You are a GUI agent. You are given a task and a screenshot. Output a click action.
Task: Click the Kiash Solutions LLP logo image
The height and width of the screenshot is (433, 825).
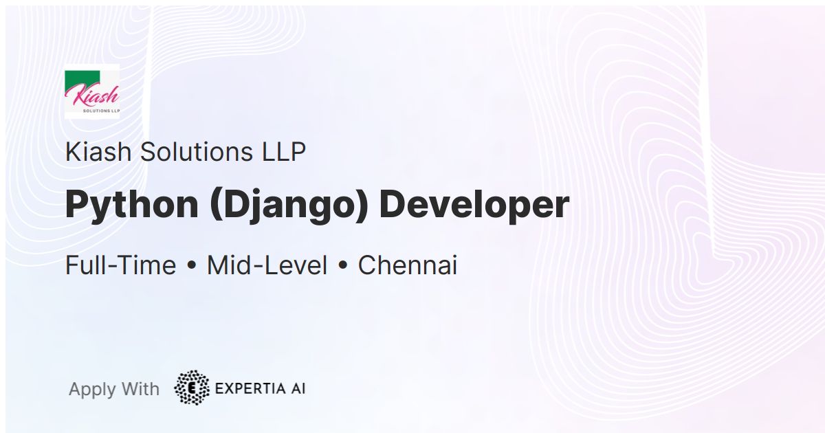(x=92, y=91)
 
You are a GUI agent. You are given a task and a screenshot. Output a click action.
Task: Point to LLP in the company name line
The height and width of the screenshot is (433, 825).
(x=283, y=152)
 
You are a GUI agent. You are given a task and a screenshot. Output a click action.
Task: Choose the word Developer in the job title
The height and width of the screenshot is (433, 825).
(x=474, y=205)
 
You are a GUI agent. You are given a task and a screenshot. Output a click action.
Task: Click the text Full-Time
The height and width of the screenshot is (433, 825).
(x=120, y=265)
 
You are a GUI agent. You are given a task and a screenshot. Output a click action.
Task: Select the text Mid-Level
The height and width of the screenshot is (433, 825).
(x=267, y=265)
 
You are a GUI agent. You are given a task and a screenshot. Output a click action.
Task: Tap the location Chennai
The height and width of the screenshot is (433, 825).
(x=408, y=265)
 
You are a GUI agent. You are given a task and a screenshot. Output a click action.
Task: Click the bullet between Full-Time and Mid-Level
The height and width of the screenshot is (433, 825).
(x=191, y=266)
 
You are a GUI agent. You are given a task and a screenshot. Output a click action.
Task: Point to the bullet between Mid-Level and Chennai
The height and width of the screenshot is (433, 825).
(x=342, y=266)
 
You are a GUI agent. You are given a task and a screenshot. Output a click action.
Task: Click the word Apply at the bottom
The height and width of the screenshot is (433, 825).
(x=92, y=390)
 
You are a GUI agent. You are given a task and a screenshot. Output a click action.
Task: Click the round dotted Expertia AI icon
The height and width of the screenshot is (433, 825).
(x=192, y=388)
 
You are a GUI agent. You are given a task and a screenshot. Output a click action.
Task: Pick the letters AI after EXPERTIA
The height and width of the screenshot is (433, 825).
(x=297, y=388)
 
